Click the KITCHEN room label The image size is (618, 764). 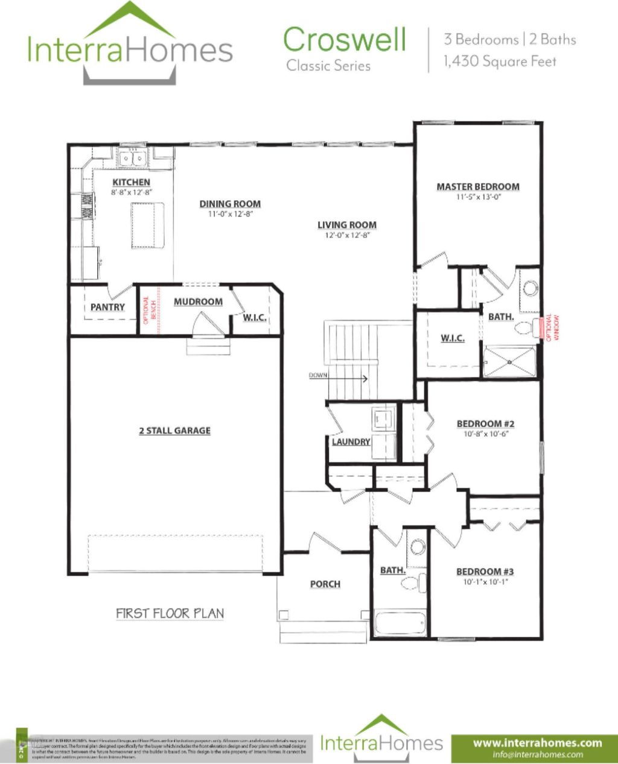[131, 182]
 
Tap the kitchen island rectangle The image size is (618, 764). [148, 225]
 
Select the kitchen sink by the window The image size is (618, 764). [133, 159]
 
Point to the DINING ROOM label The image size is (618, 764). [230, 204]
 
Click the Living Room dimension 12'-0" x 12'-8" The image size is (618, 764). [347, 235]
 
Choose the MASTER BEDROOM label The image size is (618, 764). [478, 187]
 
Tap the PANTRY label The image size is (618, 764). [107, 307]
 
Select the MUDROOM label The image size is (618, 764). [198, 301]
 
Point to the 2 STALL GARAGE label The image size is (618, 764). [175, 431]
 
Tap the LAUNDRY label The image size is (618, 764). [351, 442]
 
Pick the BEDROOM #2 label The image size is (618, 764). [485, 424]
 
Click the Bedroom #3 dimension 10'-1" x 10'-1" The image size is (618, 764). [485, 582]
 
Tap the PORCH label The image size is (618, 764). [325, 584]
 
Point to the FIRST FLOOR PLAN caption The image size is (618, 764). [170, 614]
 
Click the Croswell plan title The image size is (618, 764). [345, 40]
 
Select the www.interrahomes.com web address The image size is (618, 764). [537, 742]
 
